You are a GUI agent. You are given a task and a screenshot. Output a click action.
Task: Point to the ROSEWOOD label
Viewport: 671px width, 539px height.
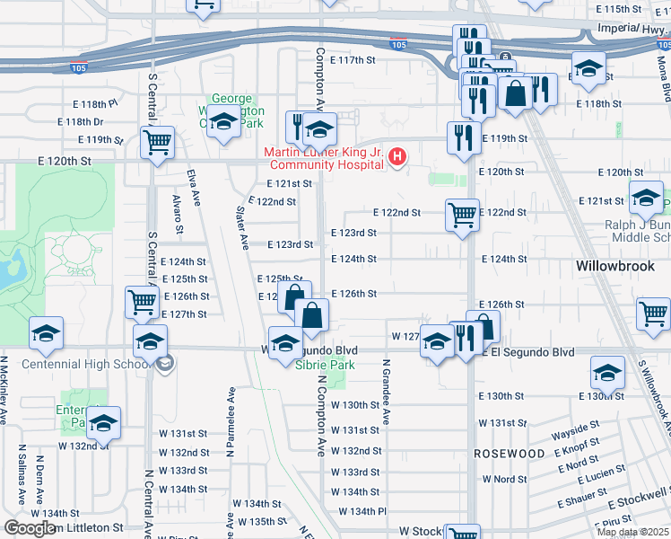510,454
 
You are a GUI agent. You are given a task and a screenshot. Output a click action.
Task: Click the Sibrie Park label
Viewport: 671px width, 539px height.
325,365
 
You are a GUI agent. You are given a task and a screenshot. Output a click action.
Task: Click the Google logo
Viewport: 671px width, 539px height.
29,528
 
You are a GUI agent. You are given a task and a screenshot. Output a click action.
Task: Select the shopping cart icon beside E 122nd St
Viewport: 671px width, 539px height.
462,214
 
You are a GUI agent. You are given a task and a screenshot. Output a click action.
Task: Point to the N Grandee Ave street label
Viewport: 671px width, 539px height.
386,393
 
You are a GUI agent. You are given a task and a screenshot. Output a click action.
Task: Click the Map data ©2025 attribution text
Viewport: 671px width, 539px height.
633,532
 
